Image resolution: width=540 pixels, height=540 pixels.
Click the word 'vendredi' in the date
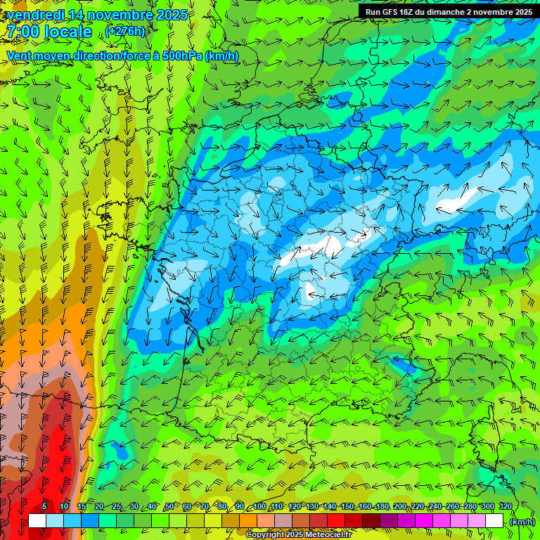pos(32,13)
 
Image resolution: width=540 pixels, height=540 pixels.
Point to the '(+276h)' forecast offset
pos(126,32)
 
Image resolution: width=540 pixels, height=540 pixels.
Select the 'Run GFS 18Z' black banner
pos(448,11)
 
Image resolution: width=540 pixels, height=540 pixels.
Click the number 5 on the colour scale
pos(44,506)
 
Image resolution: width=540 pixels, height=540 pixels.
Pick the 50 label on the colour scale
pos(169,506)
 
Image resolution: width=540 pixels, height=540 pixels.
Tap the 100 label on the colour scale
pos(259,506)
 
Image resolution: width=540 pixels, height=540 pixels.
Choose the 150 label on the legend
pos(347,506)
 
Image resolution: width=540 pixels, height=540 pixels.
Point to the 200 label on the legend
pos(400,506)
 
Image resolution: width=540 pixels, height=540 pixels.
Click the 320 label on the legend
pos(505,506)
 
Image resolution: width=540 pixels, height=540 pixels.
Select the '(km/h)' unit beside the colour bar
pos(522,521)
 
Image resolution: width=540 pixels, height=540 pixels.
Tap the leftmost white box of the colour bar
pos(37,520)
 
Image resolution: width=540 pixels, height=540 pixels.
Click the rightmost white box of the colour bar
pos(494,520)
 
